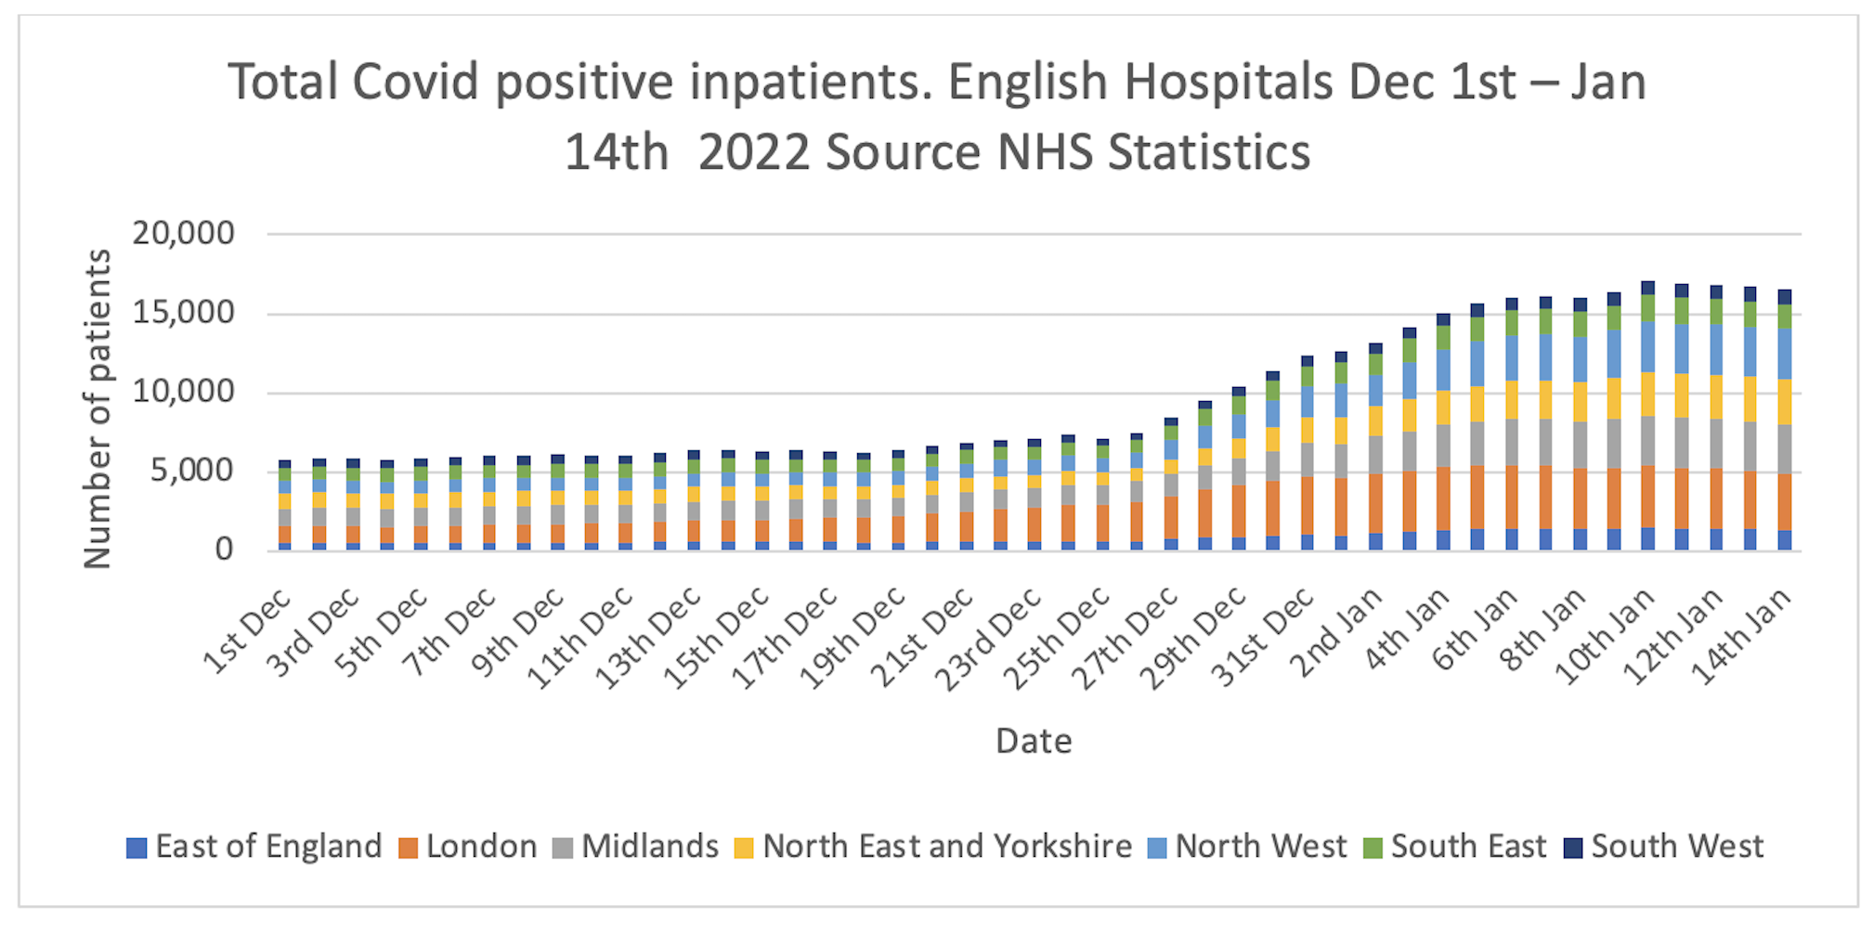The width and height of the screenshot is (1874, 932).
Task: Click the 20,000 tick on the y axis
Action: coord(184,233)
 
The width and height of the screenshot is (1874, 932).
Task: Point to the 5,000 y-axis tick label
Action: coord(193,471)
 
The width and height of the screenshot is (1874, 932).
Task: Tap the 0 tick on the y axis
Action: coord(224,550)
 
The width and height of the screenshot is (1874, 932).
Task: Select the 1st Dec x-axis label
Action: coord(247,631)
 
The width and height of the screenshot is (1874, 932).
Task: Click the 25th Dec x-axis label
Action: coord(1060,639)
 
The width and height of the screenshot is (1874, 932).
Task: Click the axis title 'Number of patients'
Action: coord(98,408)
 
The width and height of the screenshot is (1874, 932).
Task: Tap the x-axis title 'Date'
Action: coord(1034,741)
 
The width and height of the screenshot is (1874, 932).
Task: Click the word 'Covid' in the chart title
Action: coord(417,82)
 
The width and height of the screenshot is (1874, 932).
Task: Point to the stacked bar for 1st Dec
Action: coord(284,506)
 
